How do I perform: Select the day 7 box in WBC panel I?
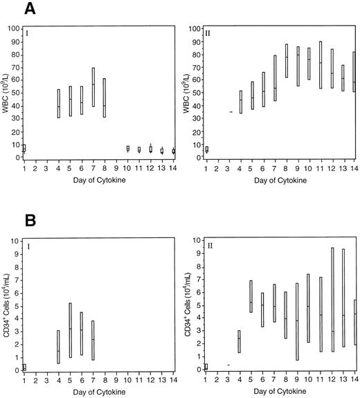pos(93,87)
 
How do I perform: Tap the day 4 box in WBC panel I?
pos(59,103)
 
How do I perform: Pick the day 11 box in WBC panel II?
pos(320,65)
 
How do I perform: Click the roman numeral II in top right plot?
pos(210,32)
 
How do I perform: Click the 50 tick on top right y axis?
pos(195,93)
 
